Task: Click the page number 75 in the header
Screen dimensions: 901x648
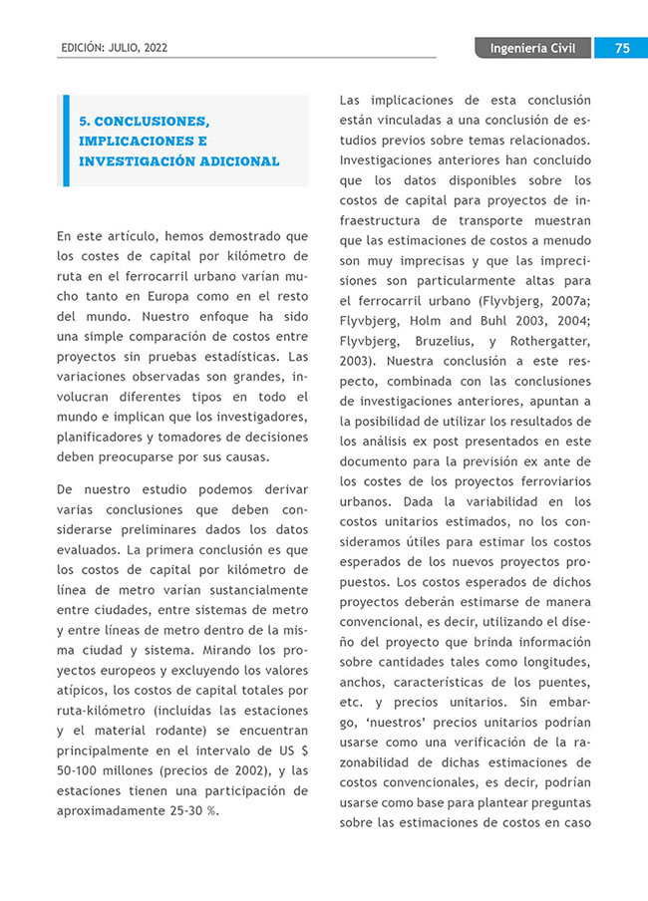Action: pos(621,48)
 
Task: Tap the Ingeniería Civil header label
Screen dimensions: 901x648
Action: pos(532,48)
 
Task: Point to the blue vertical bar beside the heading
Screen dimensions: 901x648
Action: pos(66,141)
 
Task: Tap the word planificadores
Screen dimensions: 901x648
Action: pos(103,436)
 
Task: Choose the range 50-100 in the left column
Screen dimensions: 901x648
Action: pos(80,770)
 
